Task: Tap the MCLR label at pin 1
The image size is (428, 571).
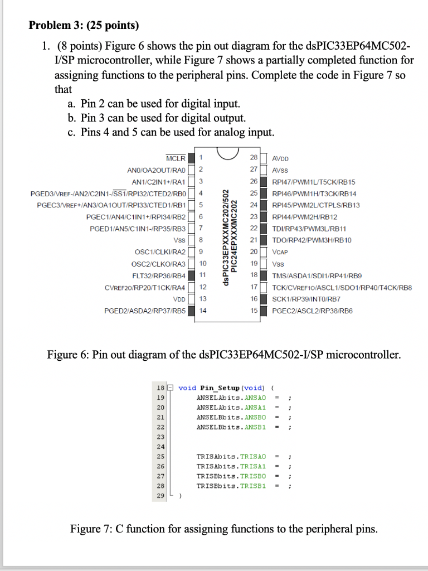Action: [176, 158]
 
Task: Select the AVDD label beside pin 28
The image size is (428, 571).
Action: [280, 158]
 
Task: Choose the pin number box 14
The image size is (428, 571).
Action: [202, 311]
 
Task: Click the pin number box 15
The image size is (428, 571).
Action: [253, 311]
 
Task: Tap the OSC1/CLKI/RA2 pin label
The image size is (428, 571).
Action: [158, 251]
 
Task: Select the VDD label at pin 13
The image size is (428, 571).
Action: [179, 299]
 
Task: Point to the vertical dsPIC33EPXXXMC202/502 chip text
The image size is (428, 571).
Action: [226, 234]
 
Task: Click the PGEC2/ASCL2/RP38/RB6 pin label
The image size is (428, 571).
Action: [312, 311]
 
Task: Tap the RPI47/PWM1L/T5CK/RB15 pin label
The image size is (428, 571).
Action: [313, 182]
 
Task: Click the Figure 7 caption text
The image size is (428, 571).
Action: [223, 528]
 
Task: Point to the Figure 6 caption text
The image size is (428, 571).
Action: [223, 355]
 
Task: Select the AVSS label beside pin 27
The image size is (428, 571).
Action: [280, 170]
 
